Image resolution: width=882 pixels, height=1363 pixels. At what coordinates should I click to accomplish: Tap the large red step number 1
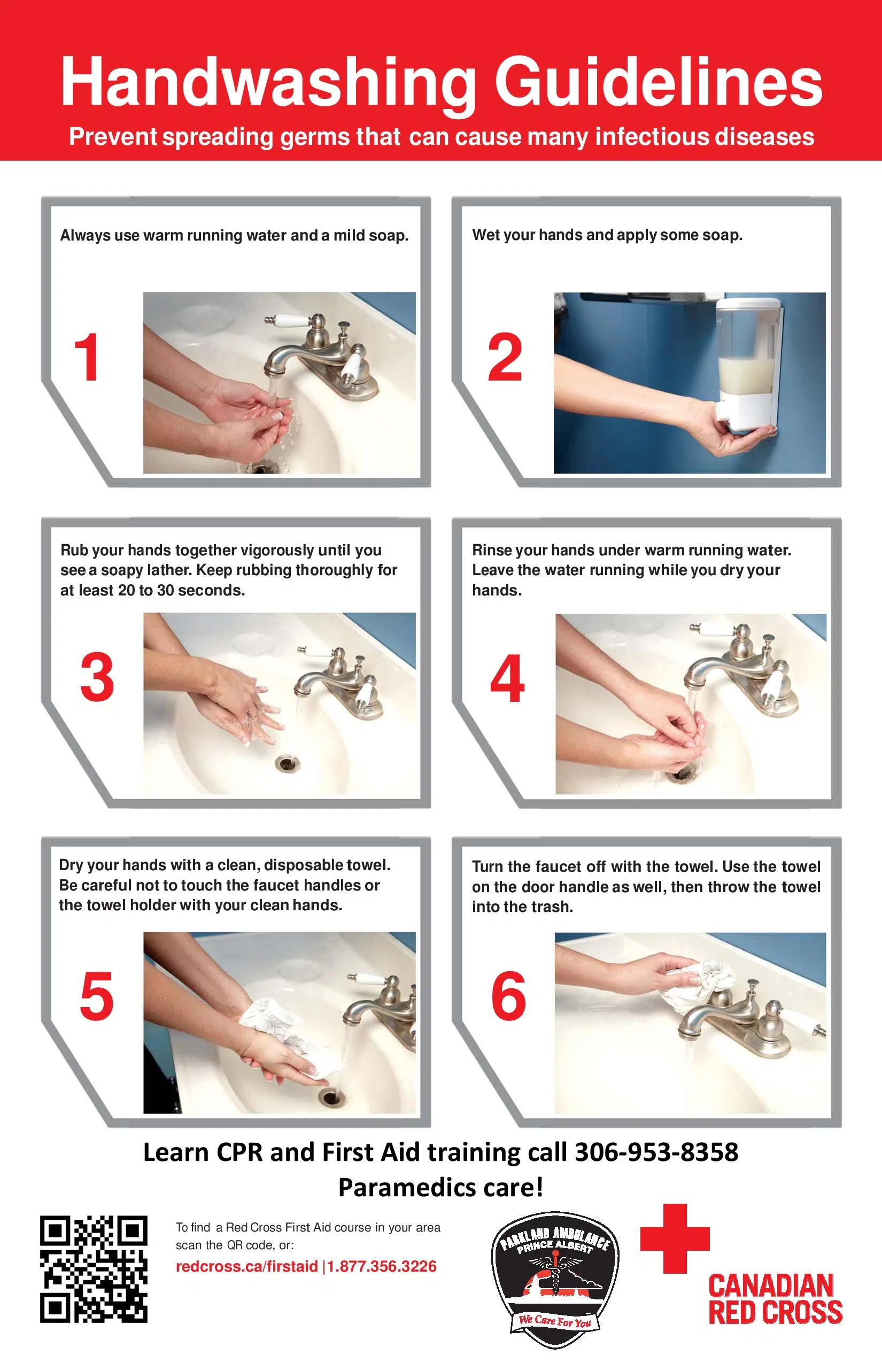[87, 358]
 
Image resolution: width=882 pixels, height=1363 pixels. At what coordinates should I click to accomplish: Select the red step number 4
[507, 679]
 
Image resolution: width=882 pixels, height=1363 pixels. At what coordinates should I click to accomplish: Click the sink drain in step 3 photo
[287, 763]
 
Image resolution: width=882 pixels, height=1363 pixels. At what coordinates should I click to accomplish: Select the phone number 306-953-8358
[656, 1152]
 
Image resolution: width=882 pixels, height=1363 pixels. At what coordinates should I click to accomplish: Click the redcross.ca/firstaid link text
[246, 1266]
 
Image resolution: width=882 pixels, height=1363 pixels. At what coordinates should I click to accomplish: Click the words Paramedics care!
[440, 1187]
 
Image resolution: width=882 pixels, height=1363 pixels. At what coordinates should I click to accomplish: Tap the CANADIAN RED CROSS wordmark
[775, 1299]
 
